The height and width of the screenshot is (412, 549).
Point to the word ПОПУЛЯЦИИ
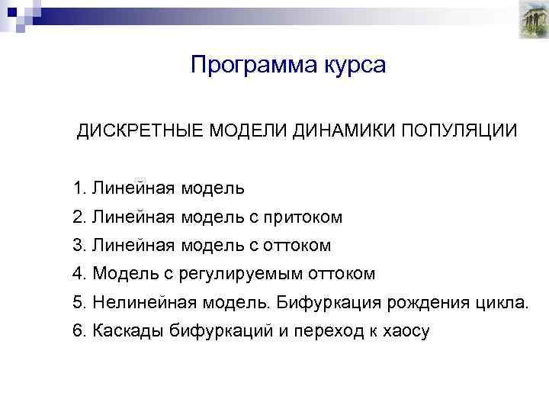pos(460,130)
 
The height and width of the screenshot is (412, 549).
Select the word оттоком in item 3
pos(297,246)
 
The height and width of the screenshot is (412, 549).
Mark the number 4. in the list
pos(79,274)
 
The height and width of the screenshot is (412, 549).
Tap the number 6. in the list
pos(79,330)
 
